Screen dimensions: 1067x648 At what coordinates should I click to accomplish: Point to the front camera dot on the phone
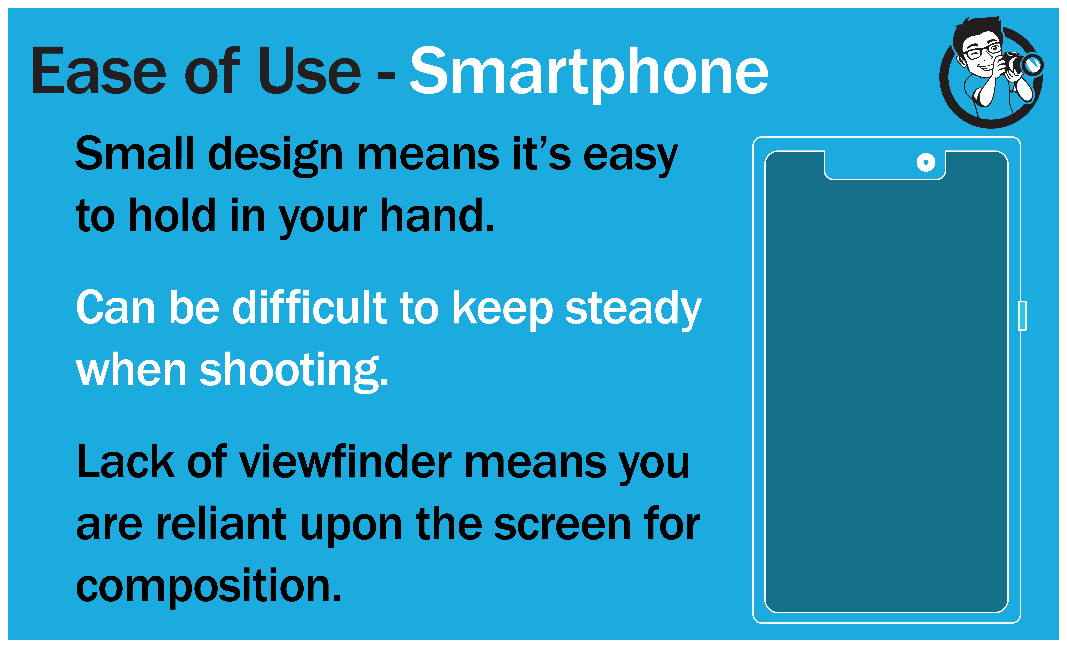tap(926, 163)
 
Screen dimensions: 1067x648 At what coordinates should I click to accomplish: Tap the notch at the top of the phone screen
tap(885, 165)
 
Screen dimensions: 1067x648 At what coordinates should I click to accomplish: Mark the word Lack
tap(126, 461)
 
